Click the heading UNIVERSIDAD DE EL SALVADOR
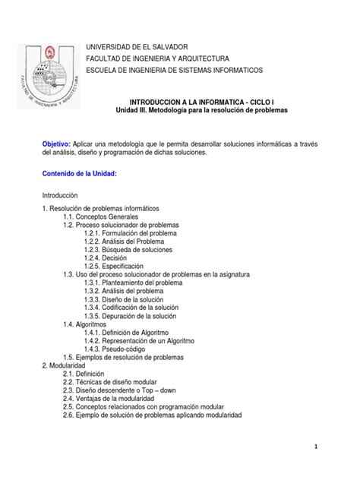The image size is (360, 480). click(144, 47)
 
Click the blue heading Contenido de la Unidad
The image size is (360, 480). click(80, 174)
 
